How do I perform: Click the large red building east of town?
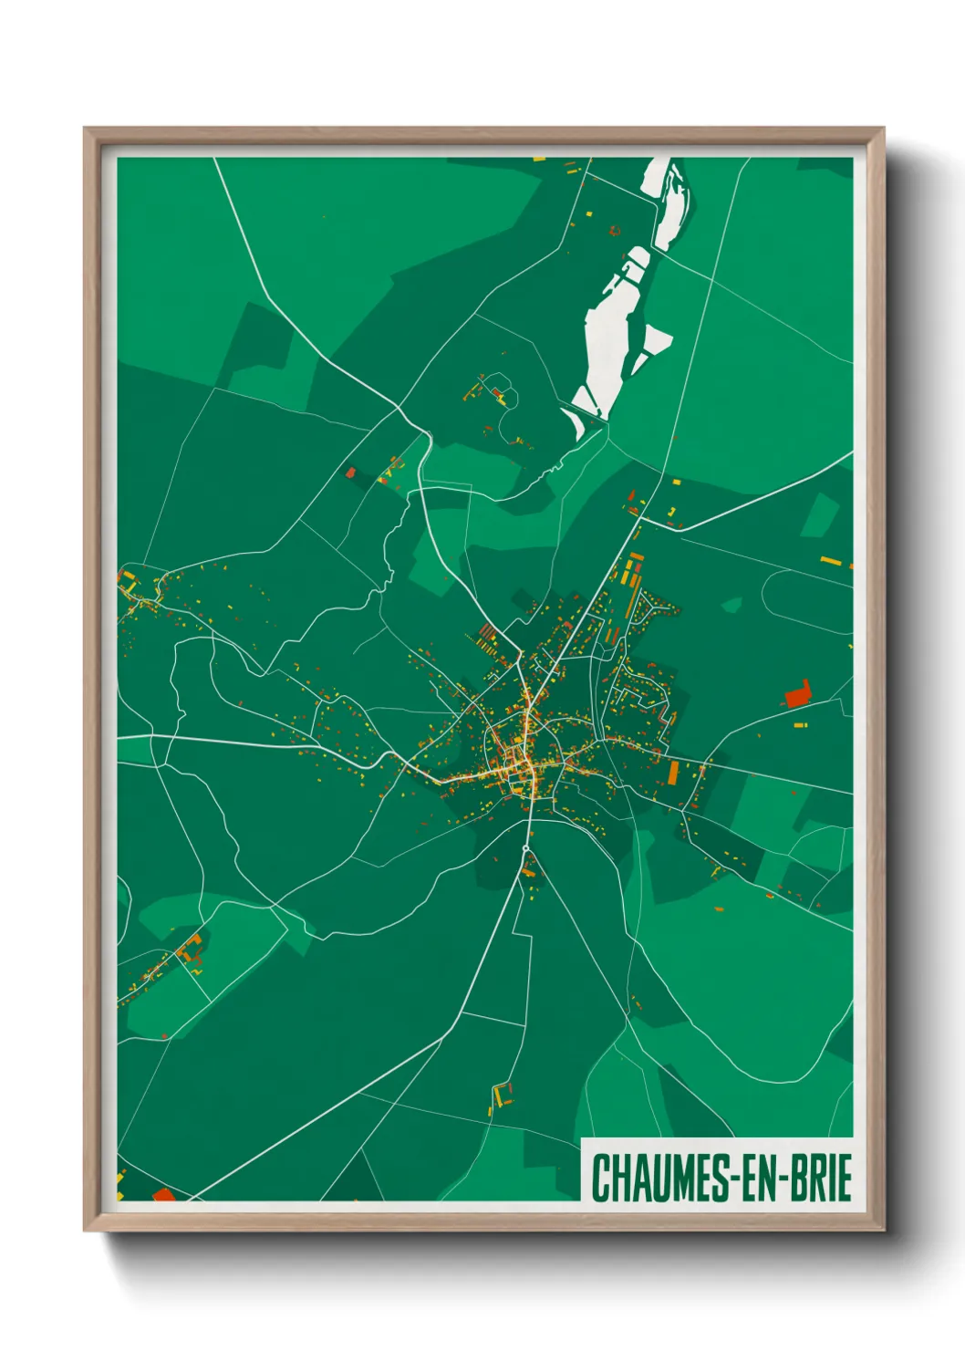pyautogui.click(x=797, y=694)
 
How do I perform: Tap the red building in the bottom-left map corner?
pyautogui.click(x=163, y=1194)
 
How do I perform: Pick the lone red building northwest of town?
pyautogui.click(x=350, y=472)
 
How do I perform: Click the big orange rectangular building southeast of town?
pyautogui.click(x=673, y=773)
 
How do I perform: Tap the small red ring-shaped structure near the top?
pyautogui.click(x=614, y=231)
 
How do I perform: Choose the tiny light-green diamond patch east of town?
pyautogui.click(x=732, y=605)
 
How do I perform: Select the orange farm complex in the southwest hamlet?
pyautogui.click(x=191, y=950)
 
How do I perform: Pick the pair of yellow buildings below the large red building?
pyautogui.click(x=800, y=725)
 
